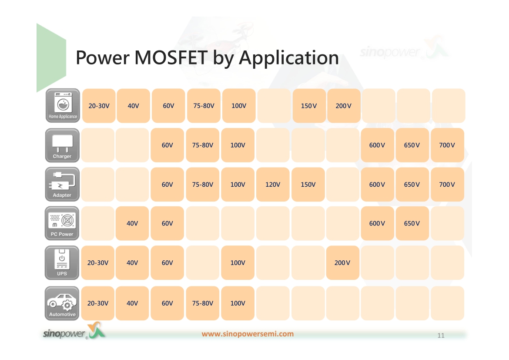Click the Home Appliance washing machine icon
tap(63, 106)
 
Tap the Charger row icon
tap(62, 145)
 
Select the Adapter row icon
tap(62, 184)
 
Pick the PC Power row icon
tap(62, 223)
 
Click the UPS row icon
tap(62, 262)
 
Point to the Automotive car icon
tap(62, 303)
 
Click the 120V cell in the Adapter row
tap(273, 184)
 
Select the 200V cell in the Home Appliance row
tap(344, 106)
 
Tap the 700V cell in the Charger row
tap(447, 145)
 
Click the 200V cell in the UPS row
tap(343, 262)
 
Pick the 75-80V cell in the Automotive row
tap(203, 303)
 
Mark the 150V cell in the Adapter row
tap(308, 184)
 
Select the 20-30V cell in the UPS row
tap(98, 262)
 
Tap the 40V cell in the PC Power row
tap(132, 223)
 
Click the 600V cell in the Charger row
tap(377, 145)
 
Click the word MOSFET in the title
tap(171, 57)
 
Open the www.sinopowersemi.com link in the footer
tap(248, 334)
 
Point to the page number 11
tap(441, 335)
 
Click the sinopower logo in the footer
tap(74, 331)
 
